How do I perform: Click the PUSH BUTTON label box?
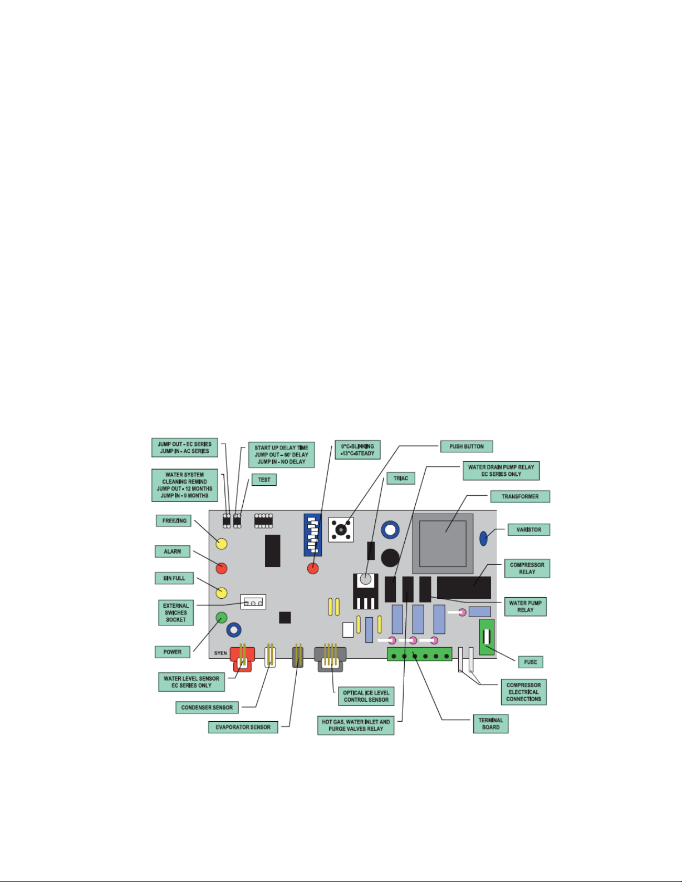[x=467, y=446]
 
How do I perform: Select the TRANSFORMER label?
[x=520, y=496]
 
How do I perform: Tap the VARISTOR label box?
[x=528, y=530]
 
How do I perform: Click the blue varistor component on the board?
[x=483, y=539]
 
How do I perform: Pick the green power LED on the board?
[x=221, y=617]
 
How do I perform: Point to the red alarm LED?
[x=221, y=568]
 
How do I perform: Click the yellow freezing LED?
[x=221, y=544]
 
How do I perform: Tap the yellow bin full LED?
[x=221, y=593]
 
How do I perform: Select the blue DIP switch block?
[x=312, y=535]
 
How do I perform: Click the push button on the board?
[x=341, y=530]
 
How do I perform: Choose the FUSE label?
[x=530, y=662]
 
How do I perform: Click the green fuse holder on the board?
[x=487, y=637]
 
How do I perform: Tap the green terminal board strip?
[x=419, y=654]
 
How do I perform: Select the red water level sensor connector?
[x=242, y=659]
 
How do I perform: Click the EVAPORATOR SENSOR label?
[x=243, y=727]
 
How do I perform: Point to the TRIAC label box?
[x=401, y=478]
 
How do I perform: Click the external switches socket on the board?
[x=253, y=602]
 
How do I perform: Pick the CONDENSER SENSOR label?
[x=207, y=707]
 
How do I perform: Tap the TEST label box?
[x=264, y=480]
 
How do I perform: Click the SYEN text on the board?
[x=220, y=653]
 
